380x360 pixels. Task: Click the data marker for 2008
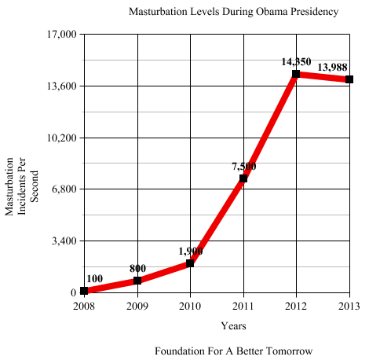click(84, 291)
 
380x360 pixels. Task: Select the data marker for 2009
click(137, 281)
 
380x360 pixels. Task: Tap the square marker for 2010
click(190, 263)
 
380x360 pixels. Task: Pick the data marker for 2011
click(243, 178)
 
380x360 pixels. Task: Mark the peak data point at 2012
click(296, 75)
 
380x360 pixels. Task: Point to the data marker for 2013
click(349, 79)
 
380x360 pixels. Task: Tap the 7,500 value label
click(243, 166)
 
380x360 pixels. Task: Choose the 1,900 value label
click(190, 251)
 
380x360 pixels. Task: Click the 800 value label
click(137, 268)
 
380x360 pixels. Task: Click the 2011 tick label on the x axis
click(243, 305)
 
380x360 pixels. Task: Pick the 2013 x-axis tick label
click(349, 305)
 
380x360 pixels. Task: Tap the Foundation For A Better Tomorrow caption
click(234, 350)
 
